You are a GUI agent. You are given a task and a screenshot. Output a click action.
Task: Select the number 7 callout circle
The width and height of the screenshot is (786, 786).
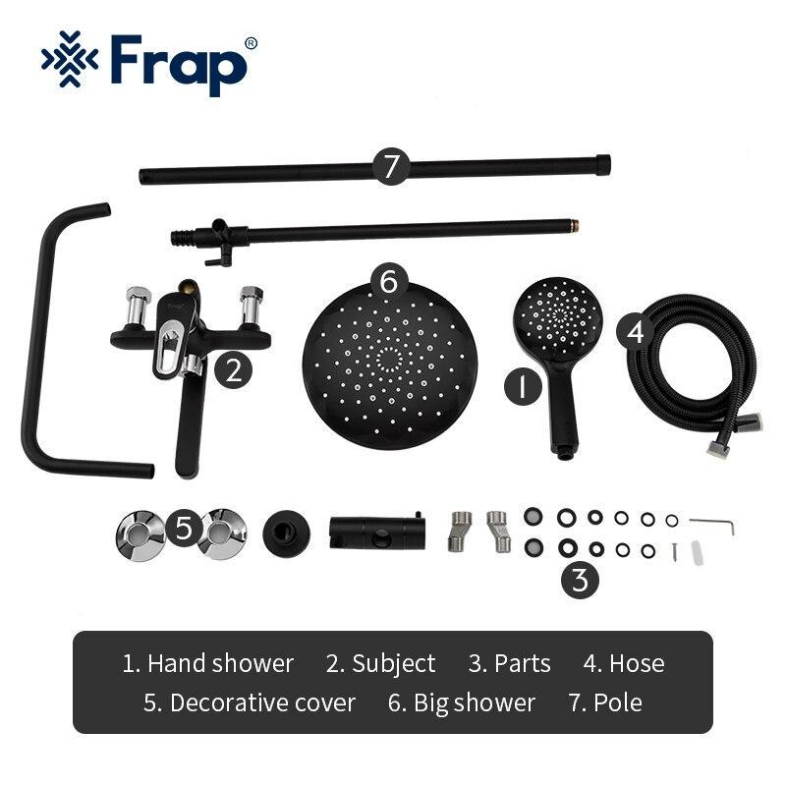click(392, 167)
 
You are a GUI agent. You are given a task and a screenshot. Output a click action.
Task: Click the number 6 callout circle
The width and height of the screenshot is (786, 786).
click(389, 282)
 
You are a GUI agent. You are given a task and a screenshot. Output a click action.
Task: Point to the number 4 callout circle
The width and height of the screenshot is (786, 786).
click(636, 332)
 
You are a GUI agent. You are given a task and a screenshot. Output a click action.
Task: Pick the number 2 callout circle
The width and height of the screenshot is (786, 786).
click(233, 370)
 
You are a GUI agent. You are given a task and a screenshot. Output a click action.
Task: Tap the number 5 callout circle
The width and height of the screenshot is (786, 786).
click(183, 530)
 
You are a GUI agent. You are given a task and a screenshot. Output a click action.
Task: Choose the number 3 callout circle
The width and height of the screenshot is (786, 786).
click(581, 580)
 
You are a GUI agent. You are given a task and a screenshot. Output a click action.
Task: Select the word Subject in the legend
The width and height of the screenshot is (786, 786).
click(393, 664)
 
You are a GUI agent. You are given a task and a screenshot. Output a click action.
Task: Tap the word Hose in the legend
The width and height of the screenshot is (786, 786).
click(636, 664)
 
